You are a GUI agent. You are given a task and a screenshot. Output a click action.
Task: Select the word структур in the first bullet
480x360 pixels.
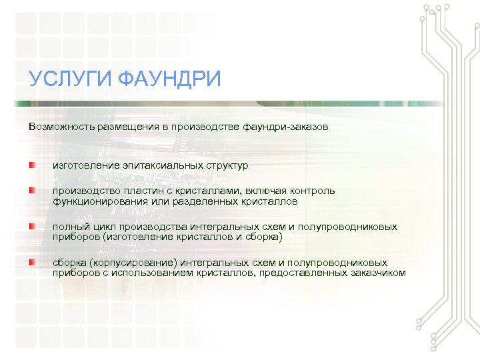(227, 165)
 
